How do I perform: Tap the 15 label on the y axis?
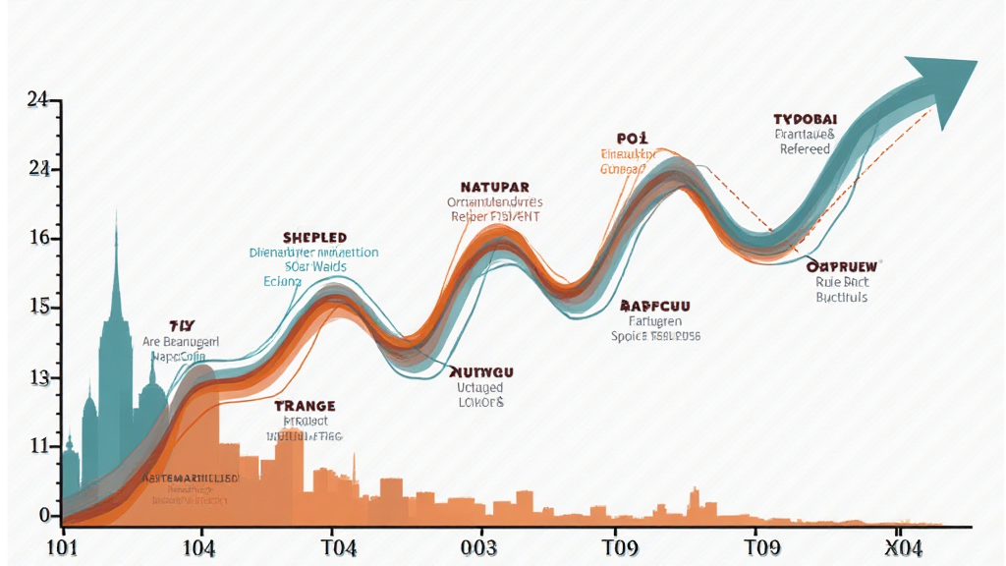pos(39,308)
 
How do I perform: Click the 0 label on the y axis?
pos(43,515)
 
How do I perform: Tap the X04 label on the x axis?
pos(903,547)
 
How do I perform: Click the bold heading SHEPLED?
pos(314,238)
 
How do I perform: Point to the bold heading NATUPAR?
pos(494,186)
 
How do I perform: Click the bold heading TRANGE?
pos(305,405)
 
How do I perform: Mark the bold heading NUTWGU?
pos(481,371)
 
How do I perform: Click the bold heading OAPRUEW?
pos(842,265)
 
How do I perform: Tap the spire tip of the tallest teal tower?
pos(116,210)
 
